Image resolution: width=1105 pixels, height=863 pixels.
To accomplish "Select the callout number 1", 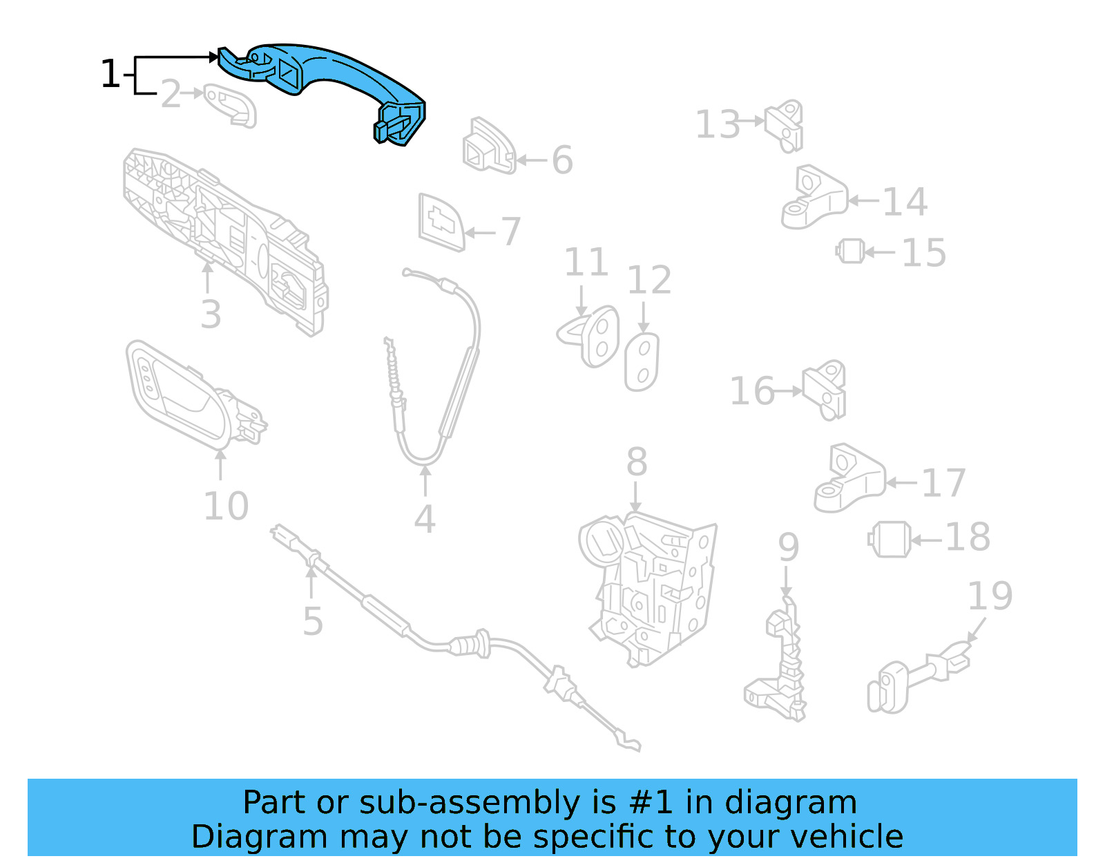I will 110,74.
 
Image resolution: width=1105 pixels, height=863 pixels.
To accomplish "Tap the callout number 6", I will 562,160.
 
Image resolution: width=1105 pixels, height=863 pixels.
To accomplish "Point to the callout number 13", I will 718,125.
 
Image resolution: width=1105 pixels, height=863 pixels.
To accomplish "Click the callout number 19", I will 990,596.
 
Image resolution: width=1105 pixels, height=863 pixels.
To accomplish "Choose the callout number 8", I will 637,462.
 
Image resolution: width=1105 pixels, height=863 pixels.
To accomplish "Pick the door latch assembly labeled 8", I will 649,587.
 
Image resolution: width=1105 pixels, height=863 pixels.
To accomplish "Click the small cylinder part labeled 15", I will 851,251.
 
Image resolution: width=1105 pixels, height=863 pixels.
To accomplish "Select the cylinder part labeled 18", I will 890,540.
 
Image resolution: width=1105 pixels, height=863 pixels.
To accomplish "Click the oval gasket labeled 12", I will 642,362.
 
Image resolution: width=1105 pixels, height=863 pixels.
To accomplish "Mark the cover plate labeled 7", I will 441,222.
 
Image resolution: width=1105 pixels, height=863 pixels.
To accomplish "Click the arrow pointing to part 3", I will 207,276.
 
